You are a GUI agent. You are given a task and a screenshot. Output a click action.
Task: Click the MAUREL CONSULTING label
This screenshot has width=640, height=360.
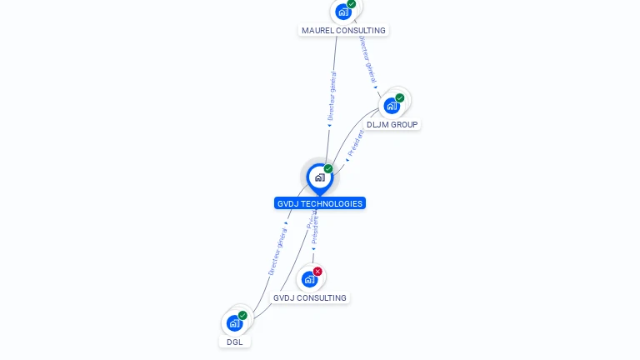343,30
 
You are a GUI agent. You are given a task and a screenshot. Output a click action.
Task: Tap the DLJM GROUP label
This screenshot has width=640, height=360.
392,124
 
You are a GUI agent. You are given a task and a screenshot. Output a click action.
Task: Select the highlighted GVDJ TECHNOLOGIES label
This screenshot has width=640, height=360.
320,203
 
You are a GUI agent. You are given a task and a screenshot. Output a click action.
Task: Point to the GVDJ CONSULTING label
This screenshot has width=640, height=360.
310,297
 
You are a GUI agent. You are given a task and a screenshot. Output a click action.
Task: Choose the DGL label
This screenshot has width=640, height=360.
235,342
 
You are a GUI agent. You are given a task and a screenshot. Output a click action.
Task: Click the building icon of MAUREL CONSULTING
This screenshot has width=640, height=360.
342,12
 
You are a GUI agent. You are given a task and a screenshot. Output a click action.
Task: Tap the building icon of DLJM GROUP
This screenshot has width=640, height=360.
391,106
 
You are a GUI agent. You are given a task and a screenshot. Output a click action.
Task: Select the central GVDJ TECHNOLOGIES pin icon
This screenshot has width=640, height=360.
319,177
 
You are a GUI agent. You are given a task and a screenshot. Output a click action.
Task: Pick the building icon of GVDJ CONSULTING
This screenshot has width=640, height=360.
309,279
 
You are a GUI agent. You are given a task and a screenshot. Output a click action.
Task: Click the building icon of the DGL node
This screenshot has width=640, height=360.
234,322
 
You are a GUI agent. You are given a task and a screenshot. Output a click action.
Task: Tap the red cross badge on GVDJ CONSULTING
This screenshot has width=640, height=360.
317,271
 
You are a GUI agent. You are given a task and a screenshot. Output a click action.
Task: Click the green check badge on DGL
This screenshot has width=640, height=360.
242,315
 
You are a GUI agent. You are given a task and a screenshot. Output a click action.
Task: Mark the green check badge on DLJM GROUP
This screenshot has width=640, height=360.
400,98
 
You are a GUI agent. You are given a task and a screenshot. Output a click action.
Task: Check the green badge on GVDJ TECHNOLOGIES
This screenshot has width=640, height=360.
328,169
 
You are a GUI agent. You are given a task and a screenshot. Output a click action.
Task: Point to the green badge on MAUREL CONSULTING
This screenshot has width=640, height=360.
352,4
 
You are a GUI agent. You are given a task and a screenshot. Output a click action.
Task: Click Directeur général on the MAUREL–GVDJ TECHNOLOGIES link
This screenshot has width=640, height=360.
332,97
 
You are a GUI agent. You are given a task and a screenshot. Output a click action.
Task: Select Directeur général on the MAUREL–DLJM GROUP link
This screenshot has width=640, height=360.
367,57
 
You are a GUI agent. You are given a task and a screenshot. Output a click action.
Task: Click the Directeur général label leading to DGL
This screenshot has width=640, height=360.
277,252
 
